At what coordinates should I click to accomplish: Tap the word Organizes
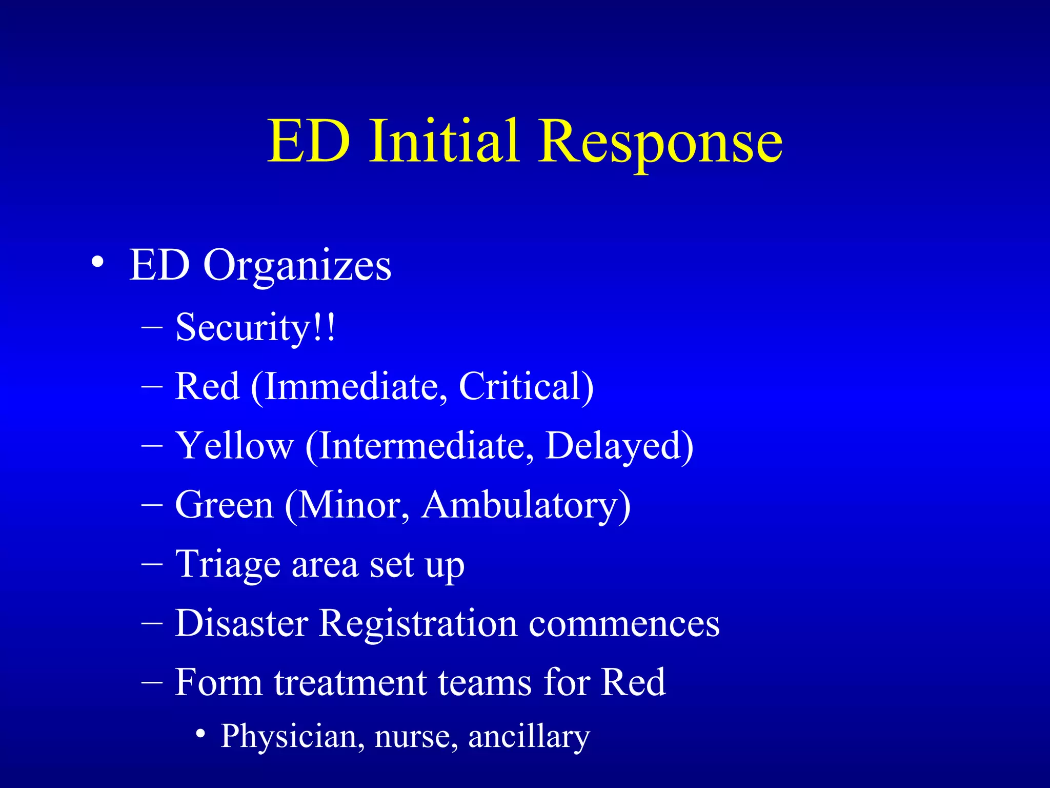point(297,266)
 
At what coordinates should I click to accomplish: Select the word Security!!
point(255,327)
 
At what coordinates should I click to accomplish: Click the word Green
point(225,505)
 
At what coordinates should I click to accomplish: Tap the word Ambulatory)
point(526,505)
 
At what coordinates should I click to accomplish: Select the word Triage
point(228,564)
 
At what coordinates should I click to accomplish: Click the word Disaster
point(241,623)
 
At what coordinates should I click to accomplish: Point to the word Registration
point(418,623)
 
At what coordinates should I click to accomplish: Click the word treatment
point(351,682)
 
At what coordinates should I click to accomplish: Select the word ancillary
point(529,737)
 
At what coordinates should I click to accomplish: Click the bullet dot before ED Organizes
point(97,264)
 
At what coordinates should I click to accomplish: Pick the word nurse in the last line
point(416,737)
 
